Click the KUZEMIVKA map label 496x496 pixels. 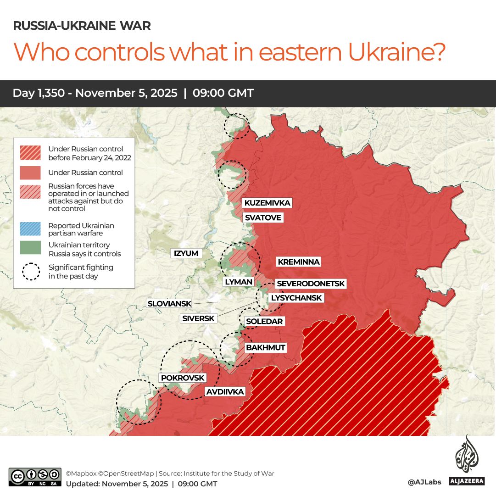click(x=267, y=203)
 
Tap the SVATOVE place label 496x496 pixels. click(x=262, y=217)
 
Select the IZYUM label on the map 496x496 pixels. click(x=186, y=253)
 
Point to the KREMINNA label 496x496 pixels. click(x=298, y=262)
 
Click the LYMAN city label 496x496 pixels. click(x=239, y=282)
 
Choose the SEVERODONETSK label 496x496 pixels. click(x=311, y=284)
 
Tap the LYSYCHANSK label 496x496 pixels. click(x=296, y=298)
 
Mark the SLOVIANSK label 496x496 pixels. click(x=168, y=304)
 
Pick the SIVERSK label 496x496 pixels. click(x=198, y=318)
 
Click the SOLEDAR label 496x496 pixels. click(x=264, y=321)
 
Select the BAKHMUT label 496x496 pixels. click(x=266, y=348)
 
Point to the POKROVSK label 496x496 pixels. click(x=183, y=378)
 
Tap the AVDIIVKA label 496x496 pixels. click(x=225, y=392)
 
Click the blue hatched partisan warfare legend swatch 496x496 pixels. click(x=31, y=229)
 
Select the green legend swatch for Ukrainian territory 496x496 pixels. click(x=31, y=248)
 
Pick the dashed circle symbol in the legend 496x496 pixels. click(x=31, y=271)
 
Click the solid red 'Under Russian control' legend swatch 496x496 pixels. click(x=31, y=173)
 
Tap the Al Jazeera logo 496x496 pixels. click(x=467, y=462)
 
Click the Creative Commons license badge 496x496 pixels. click(x=35, y=477)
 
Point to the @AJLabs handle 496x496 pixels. click(x=424, y=482)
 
